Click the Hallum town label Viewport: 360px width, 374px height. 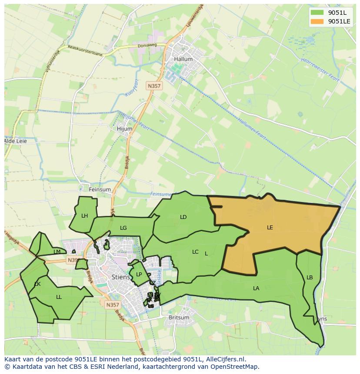point(183,59)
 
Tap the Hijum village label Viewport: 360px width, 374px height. point(124,129)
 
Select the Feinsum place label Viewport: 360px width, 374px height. point(100,189)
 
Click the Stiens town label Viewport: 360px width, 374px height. point(120,276)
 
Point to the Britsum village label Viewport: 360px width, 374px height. point(179,318)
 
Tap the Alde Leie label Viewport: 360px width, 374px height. point(15,141)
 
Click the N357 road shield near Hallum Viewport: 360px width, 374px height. point(154,86)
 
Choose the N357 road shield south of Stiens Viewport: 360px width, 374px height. point(112,305)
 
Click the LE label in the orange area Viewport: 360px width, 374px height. point(270,227)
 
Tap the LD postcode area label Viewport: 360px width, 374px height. point(183,217)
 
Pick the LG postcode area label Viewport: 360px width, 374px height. point(123,228)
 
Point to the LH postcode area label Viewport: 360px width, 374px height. point(84,215)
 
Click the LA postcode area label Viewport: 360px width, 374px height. point(256,288)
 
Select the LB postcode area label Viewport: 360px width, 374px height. point(310,278)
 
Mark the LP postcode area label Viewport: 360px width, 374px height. point(139,274)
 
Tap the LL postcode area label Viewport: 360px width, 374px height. point(59,297)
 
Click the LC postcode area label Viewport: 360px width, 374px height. point(195,252)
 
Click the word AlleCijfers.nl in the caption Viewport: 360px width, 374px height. point(226,359)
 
